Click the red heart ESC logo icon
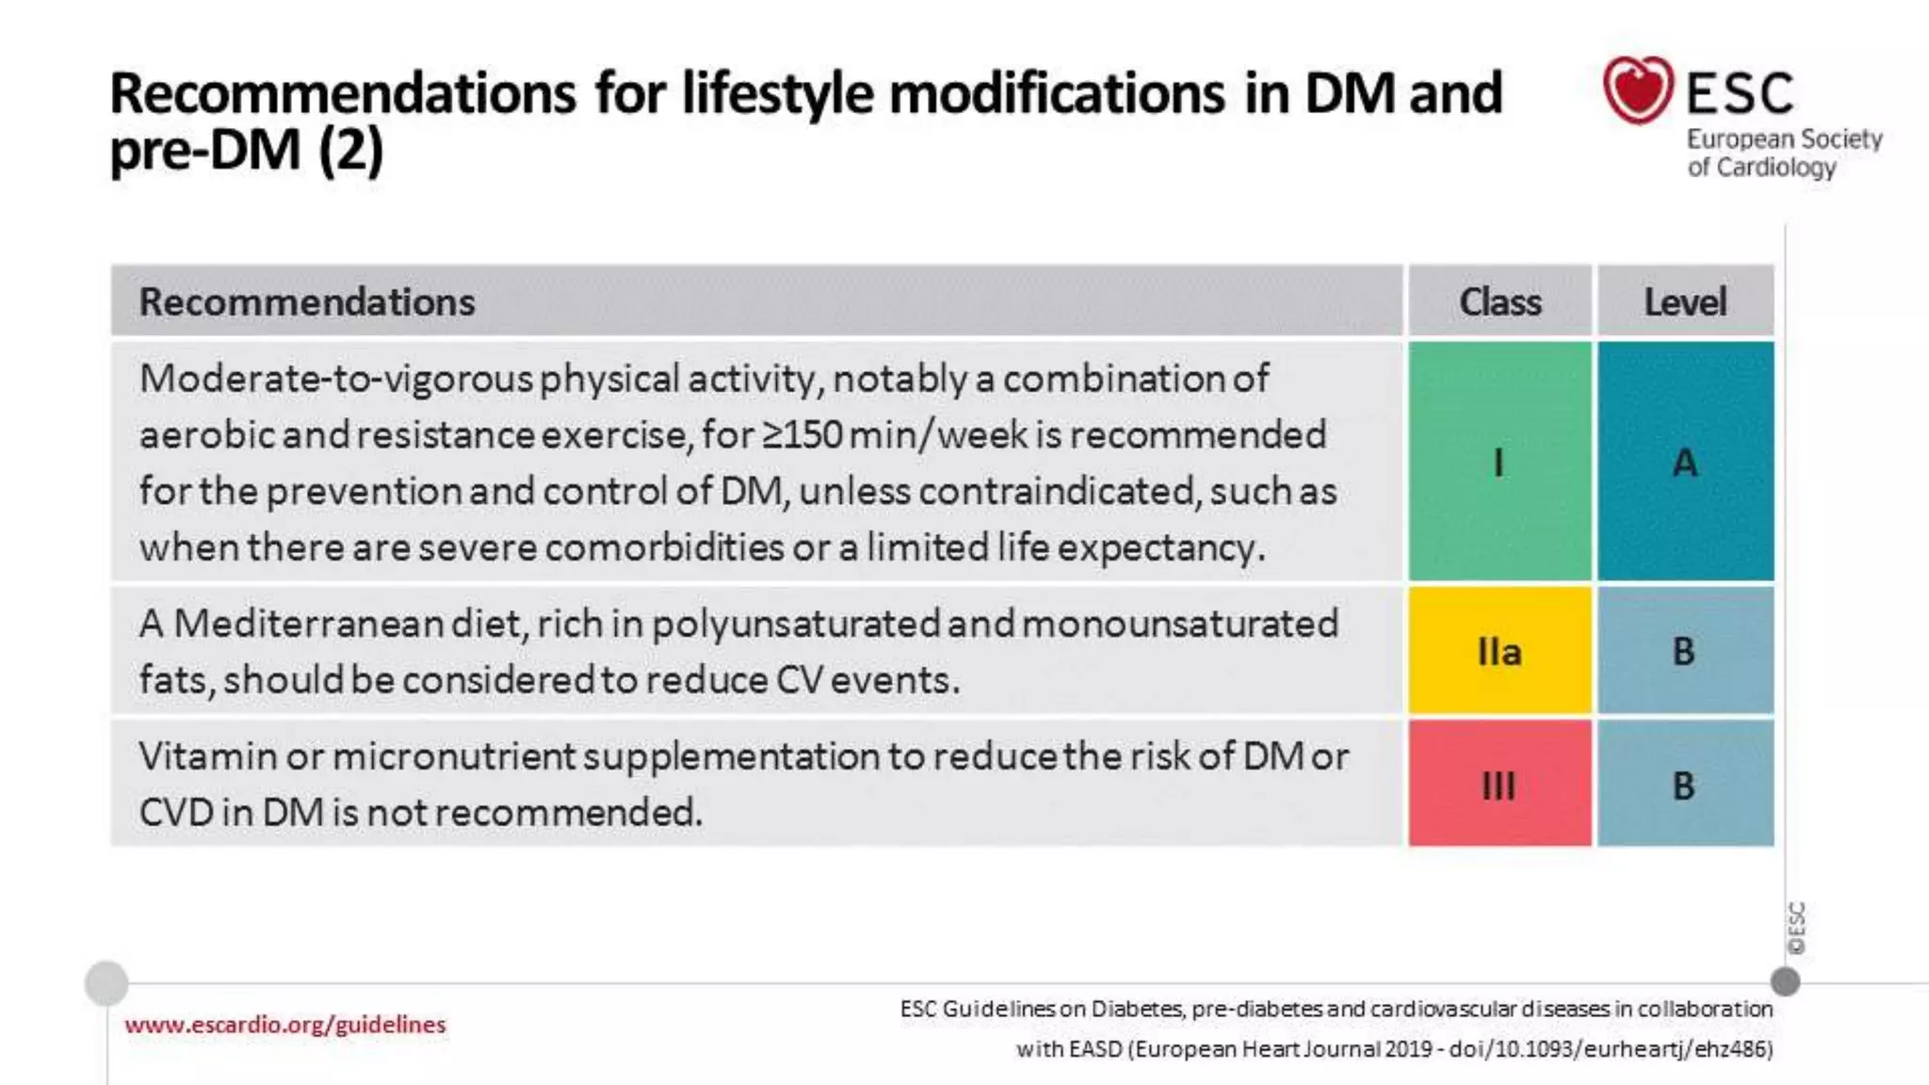tap(1637, 89)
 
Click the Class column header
tap(1499, 302)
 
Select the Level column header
tap(1685, 302)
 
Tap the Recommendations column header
tap(307, 302)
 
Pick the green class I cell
tap(1499, 462)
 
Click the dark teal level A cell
tap(1685, 462)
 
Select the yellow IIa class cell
tap(1499, 651)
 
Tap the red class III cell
tap(1499, 784)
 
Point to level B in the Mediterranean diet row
tap(1685, 651)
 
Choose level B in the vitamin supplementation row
tap(1685, 784)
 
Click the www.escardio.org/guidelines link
tap(284, 1025)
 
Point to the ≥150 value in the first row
tap(802, 435)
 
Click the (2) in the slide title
tap(351, 151)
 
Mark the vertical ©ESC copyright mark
tap(1796, 928)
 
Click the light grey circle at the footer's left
tap(106, 983)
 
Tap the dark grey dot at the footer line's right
tap(1785, 981)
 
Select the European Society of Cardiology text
tap(1783, 154)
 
